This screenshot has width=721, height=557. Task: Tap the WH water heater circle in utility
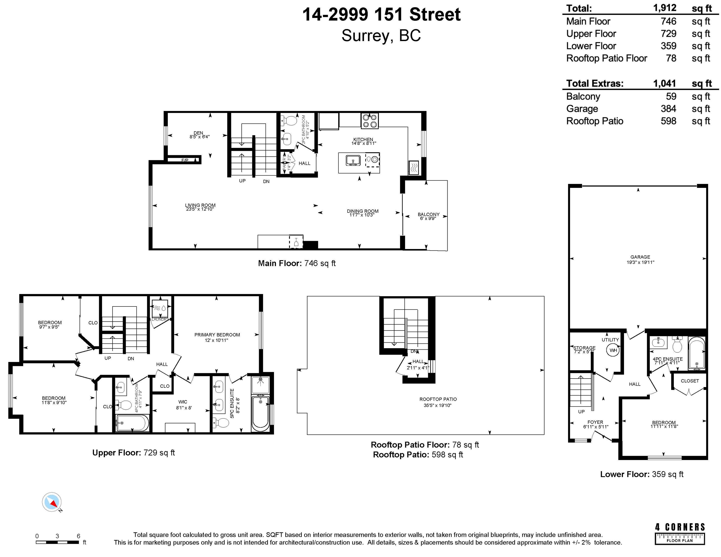[613, 350]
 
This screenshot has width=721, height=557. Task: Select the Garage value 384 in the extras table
[668, 109]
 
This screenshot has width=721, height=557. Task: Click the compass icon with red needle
[52, 502]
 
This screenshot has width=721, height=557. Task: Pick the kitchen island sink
[353, 161]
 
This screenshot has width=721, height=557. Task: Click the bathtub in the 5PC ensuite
[260, 413]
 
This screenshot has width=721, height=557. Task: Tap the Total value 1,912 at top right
[665, 8]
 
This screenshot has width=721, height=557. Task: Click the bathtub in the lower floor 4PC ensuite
[696, 354]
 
